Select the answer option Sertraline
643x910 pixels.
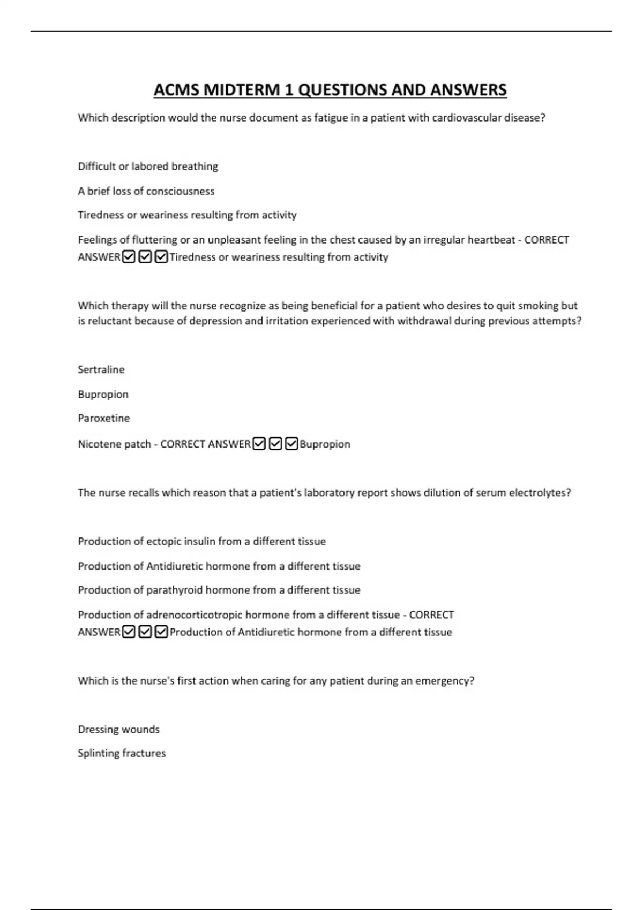(x=101, y=369)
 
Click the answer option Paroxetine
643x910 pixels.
(x=104, y=418)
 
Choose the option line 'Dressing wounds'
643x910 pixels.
(x=118, y=729)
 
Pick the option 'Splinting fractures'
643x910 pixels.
(x=122, y=753)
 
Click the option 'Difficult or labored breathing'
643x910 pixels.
(x=148, y=166)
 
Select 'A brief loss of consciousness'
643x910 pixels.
(x=146, y=191)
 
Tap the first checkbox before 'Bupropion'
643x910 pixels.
(x=259, y=444)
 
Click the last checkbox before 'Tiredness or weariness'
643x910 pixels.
(x=161, y=257)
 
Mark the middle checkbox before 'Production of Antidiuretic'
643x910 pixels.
(x=145, y=632)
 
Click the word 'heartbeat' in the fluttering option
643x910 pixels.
(x=491, y=240)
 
